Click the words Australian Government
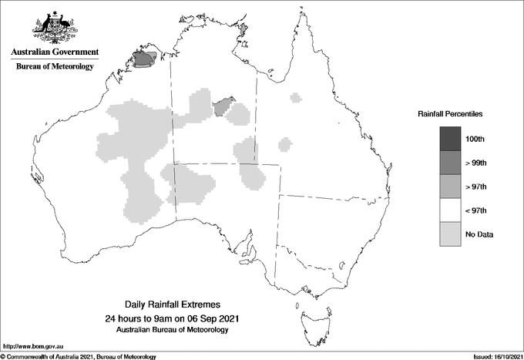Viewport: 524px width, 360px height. click(x=55, y=52)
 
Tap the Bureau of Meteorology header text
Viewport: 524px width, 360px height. click(x=55, y=67)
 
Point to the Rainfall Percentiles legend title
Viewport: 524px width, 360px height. click(x=450, y=114)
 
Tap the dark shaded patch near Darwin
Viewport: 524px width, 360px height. click(x=144, y=58)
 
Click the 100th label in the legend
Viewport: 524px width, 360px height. click(x=475, y=139)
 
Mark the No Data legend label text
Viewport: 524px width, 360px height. click(x=479, y=234)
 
